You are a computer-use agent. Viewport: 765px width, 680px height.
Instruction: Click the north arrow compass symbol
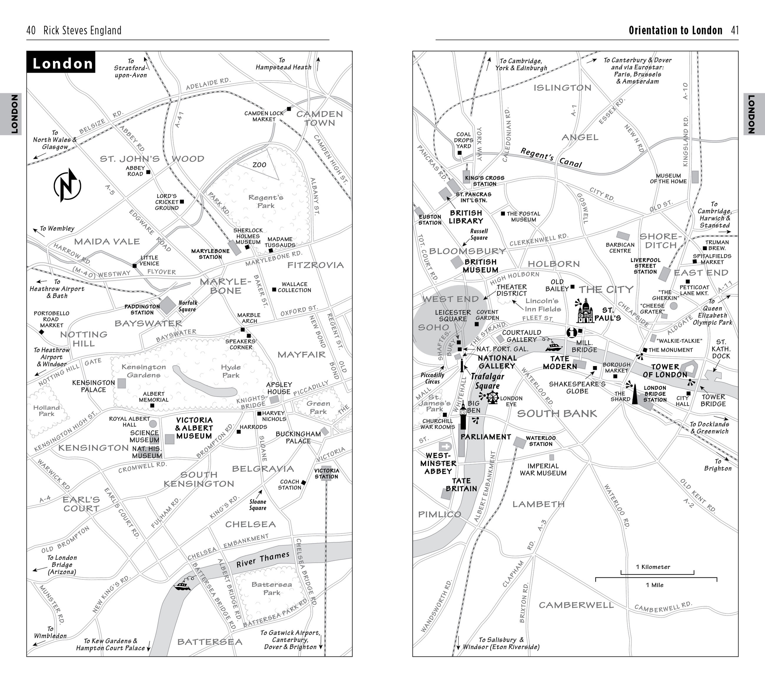click(x=67, y=186)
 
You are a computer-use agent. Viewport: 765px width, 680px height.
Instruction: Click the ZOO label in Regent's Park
click(x=259, y=165)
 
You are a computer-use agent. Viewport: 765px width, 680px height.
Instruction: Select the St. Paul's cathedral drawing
click(x=585, y=311)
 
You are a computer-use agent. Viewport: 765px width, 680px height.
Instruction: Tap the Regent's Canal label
click(x=551, y=157)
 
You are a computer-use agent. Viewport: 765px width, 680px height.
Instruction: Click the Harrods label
click(x=253, y=427)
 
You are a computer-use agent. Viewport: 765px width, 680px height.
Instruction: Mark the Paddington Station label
click(x=142, y=310)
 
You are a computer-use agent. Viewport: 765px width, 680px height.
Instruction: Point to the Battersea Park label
click(x=271, y=588)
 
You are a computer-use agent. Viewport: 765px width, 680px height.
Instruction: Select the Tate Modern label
click(x=560, y=362)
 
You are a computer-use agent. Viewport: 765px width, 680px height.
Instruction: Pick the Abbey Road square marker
click(x=148, y=172)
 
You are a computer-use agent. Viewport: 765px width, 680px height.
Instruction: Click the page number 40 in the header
click(x=31, y=30)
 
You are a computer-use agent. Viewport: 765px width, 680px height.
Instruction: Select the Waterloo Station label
click(x=541, y=441)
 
